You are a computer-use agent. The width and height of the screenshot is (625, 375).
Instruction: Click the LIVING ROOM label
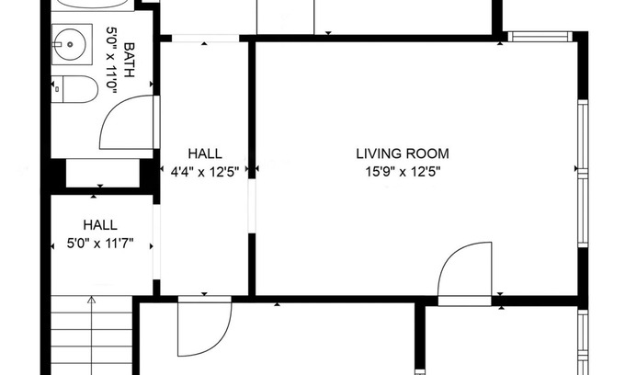coord(403,153)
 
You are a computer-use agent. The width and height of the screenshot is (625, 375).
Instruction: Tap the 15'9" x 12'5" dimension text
coord(403,172)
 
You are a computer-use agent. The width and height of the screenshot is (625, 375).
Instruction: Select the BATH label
coord(130,60)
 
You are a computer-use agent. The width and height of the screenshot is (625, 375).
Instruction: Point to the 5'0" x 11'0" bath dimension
coord(111,60)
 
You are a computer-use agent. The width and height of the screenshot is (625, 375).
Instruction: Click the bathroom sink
coord(72,44)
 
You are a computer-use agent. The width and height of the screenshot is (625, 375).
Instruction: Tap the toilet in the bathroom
coord(74,89)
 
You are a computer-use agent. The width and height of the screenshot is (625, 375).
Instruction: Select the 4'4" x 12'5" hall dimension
coord(205,172)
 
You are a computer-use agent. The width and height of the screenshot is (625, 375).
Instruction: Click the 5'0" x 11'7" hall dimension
coord(100,243)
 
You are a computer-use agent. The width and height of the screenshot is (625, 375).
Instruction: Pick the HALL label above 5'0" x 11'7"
coord(100,225)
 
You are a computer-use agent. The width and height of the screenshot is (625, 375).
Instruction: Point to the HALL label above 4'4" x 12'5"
coord(205,153)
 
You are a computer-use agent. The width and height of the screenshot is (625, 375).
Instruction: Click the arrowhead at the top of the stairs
coord(92,300)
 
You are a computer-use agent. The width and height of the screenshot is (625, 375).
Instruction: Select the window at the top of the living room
coord(540,37)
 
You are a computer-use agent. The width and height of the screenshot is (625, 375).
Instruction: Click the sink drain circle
coord(70,44)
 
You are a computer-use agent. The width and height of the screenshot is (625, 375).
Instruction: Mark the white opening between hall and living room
coord(252,206)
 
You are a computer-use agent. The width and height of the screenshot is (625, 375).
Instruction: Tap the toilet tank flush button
coord(57,89)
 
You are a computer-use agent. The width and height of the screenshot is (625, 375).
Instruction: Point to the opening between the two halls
coord(156,242)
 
